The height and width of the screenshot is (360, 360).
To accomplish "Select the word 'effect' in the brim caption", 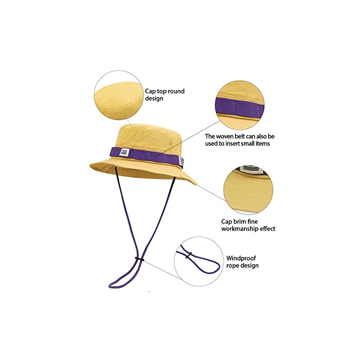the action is [x=266, y=229].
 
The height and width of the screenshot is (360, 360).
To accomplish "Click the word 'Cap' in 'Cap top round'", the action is [x=150, y=91].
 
